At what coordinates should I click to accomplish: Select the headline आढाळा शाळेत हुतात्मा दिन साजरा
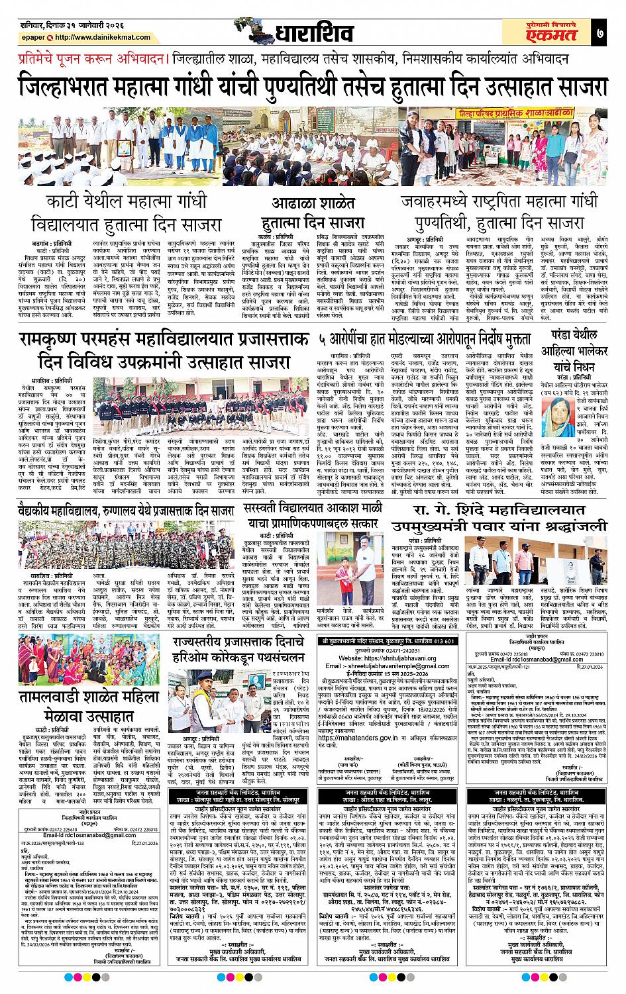point(314,213)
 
